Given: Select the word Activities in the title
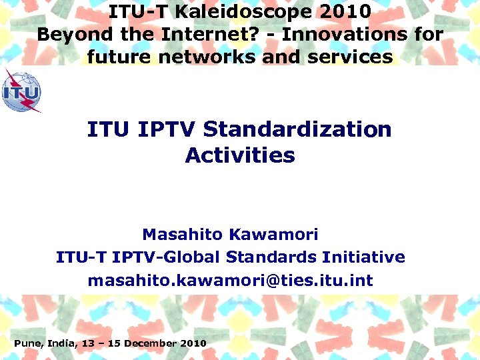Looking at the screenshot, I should (x=240, y=155).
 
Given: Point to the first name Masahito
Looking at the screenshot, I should (x=183, y=235).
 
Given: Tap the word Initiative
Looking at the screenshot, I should (x=363, y=257).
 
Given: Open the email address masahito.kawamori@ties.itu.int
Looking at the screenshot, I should (x=231, y=281).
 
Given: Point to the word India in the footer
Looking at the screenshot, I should (x=61, y=343).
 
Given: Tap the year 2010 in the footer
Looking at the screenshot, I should (x=193, y=343).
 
